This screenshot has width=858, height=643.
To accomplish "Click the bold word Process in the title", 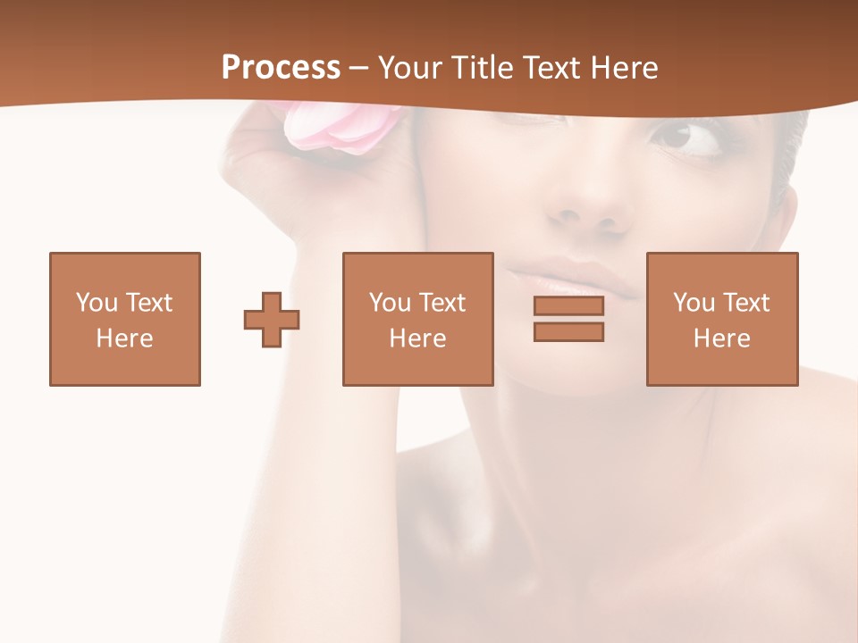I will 281,68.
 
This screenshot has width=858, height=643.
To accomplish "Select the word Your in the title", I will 411,68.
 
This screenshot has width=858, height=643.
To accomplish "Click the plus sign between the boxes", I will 272,319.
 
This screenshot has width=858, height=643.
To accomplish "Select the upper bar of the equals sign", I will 568,305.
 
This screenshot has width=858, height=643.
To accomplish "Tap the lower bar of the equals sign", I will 568,331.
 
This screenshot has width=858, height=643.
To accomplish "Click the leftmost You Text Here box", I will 125,319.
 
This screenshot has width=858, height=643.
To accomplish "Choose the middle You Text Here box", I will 418,319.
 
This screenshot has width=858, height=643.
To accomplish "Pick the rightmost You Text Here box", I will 722,319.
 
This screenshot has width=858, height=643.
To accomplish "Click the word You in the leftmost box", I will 97,303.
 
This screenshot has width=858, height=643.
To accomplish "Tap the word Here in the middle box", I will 418,338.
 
